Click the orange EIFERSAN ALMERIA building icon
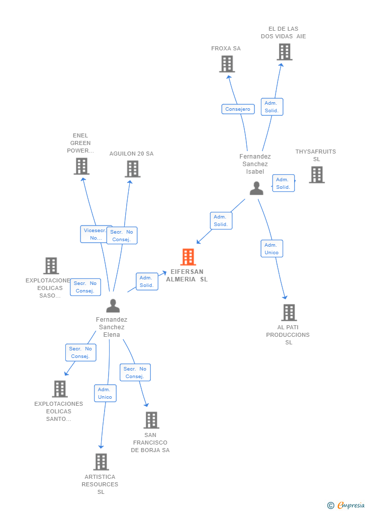tap(188, 257)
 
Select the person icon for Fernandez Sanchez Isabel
tap(256, 188)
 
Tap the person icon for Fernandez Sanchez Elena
tap(113, 306)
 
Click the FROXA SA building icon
tap(227, 64)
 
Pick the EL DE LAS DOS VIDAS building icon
tap(285, 52)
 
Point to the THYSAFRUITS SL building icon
tap(317, 175)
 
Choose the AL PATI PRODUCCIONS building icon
tap(289, 313)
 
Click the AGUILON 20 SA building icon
tap(133, 169)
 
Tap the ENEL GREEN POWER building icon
tap(81, 166)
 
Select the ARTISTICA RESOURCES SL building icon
tap(101, 462)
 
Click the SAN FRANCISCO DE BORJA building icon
tap(151, 420)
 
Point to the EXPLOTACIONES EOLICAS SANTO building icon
tap(60, 389)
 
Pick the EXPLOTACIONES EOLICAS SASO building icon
tap(51, 266)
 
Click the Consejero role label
tap(238, 109)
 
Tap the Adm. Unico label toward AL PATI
tap(271, 249)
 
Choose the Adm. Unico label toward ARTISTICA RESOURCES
tap(105, 393)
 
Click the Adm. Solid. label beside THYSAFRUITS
tap(283, 183)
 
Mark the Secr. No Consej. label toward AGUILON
tap(122, 236)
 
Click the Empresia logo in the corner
tap(346, 505)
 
